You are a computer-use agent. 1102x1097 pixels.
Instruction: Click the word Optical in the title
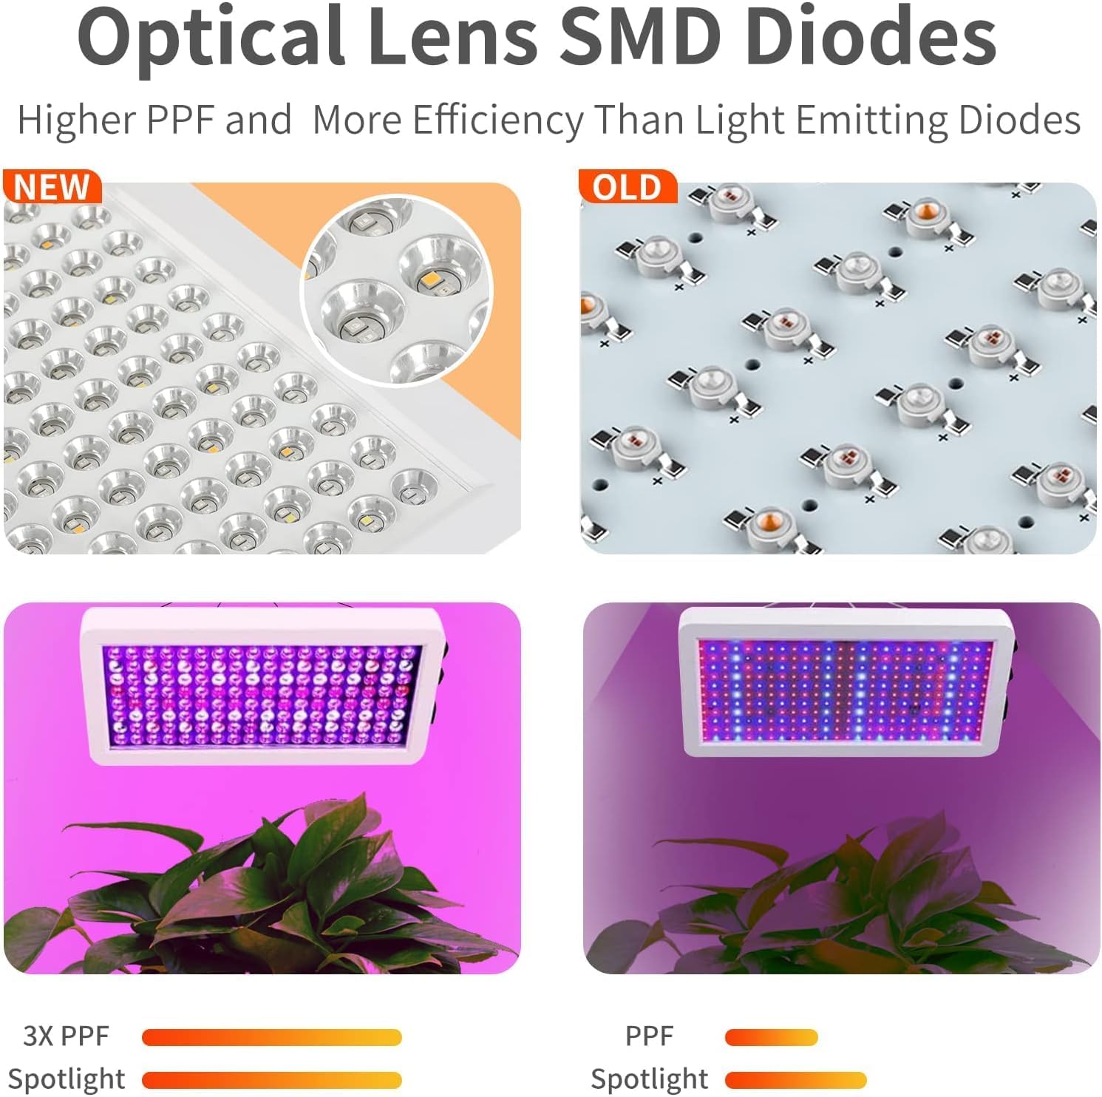(x=211, y=37)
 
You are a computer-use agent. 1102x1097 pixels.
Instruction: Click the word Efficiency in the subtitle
(x=498, y=120)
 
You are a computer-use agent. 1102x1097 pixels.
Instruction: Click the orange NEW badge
(x=52, y=186)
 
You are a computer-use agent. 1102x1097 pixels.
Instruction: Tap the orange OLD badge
(x=627, y=186)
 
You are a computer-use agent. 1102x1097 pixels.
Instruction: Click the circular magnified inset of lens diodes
(x=397, y=291)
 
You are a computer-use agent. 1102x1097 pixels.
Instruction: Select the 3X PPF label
(x=66, y=1036)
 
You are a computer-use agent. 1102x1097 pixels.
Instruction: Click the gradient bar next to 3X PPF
(x=271, y=1037)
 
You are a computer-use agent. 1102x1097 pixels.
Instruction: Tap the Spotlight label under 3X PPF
(x=67, y=1079)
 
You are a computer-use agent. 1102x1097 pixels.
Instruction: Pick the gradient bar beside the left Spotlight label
(x=271, y=1080)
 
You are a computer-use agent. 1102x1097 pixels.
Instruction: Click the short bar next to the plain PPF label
(x=771, y=1037)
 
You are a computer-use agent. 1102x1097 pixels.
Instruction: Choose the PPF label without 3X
(x=649, y=1036)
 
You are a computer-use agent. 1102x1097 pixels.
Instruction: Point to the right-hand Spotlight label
(x=649, y=1079)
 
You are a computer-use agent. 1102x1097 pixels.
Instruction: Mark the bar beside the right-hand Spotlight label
(x=795, y=1080)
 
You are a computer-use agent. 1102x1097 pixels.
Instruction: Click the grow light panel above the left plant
(x=262, y=685)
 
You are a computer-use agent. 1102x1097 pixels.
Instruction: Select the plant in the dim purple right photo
(x=843, y=902)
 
